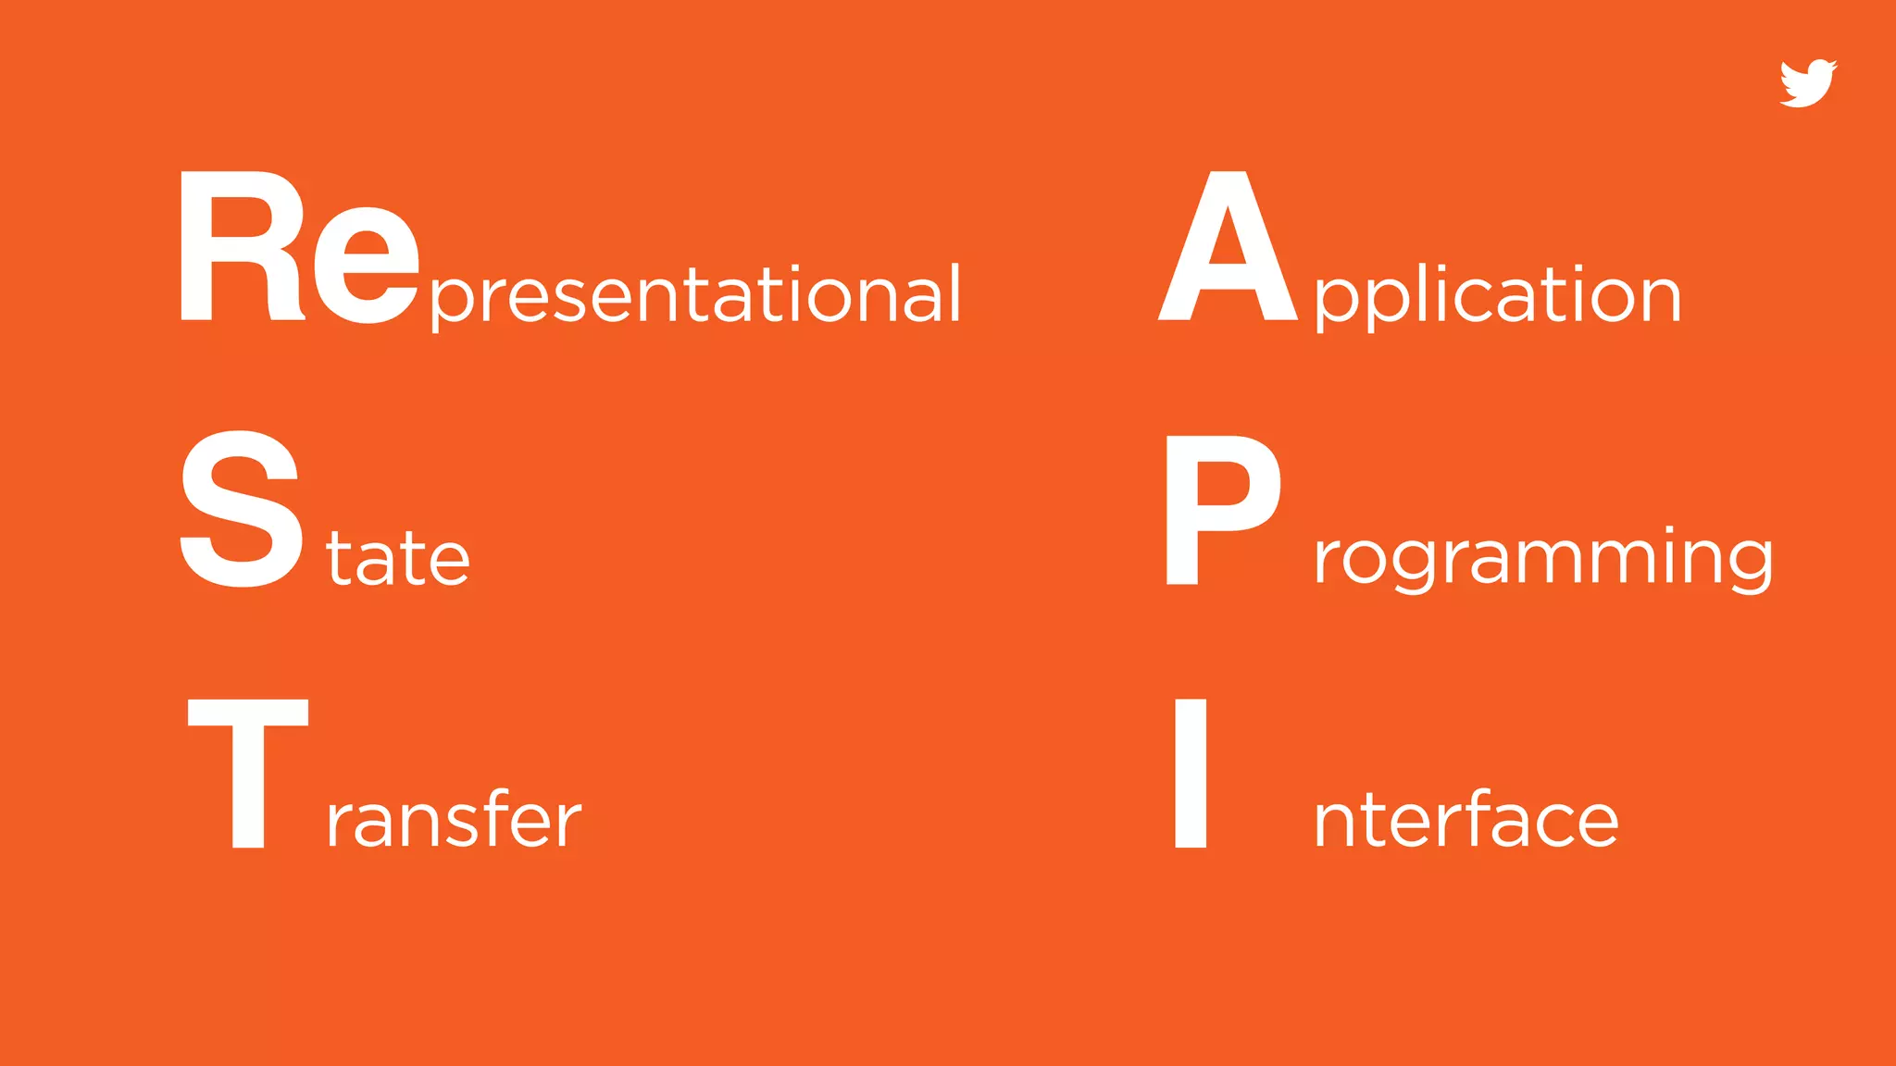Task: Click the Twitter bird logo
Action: tap(1807, 84)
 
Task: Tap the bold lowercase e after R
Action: tap(367, 265)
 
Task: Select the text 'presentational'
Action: tap(695, 294)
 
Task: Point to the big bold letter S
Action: tap(242, 509)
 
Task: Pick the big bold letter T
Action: tap(247, 773)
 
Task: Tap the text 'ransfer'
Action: tap(454, 820)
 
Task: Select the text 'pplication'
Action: tap(1497, 294)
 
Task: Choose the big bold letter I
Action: tap(1191, 773)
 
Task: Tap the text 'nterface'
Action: tap(1466, 820)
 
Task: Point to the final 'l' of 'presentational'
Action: tap(954, 292)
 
